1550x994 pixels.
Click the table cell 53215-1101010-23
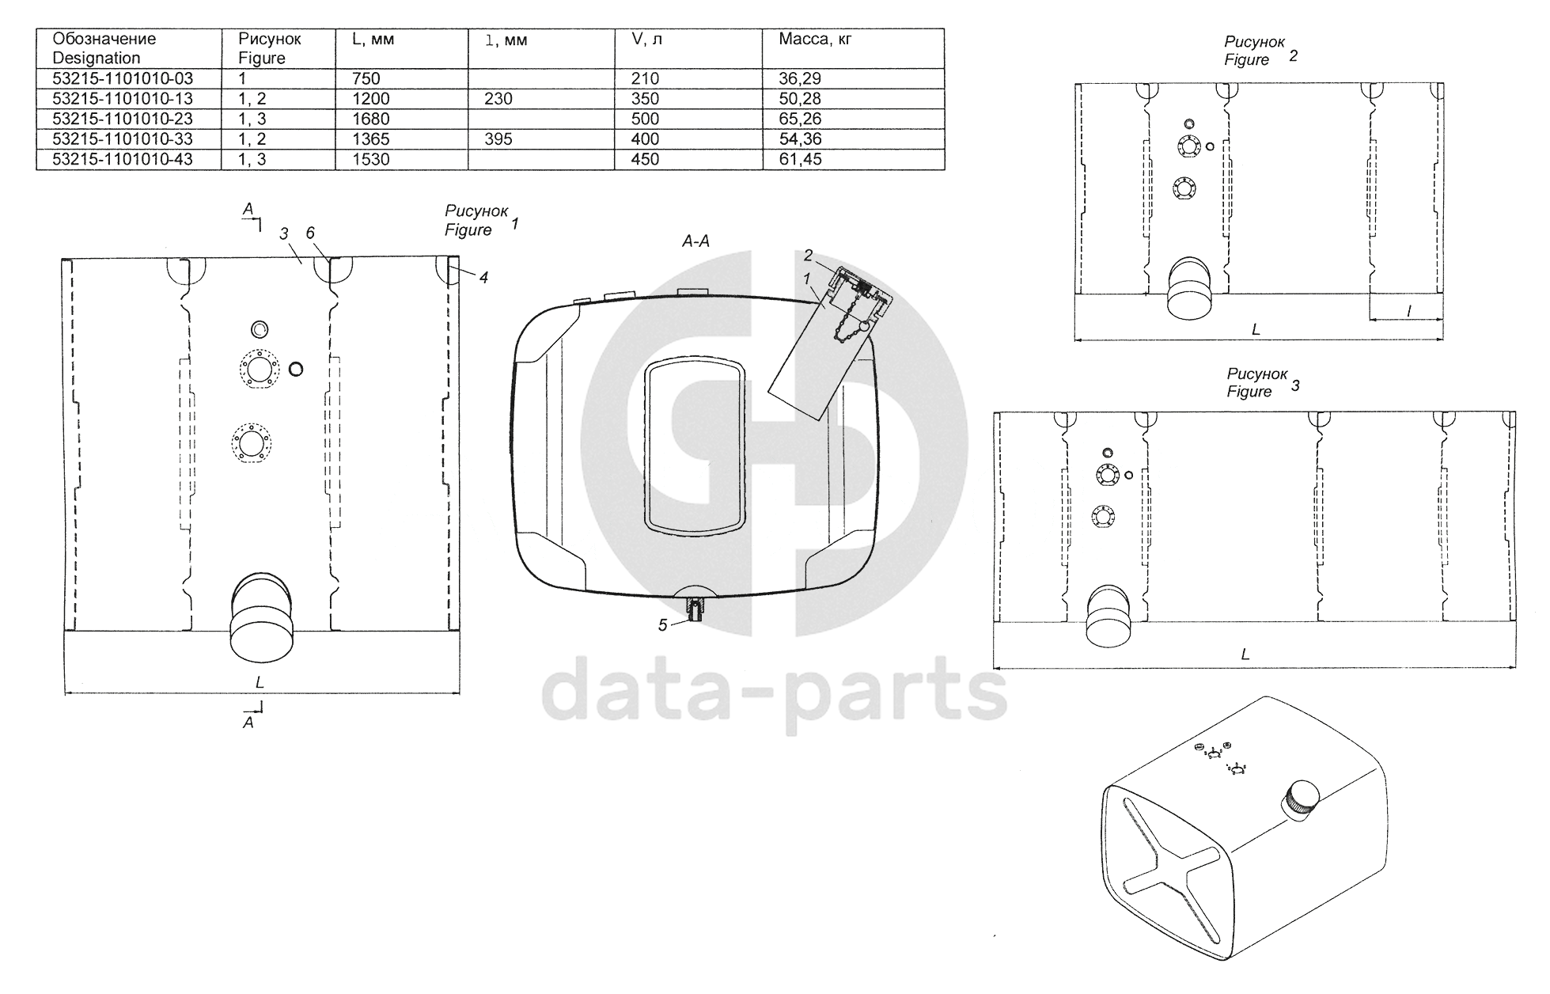(123, 119)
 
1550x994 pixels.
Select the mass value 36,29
(800, 78)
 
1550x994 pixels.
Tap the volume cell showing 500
(645, 119)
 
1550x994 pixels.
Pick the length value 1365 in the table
(371, 139)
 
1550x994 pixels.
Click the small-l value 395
(498, 139)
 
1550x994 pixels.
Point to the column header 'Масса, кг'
(815, 39)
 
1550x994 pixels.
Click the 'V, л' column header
(646, 39)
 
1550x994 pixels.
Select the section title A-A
(695, 241)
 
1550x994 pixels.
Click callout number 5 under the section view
(663, 625)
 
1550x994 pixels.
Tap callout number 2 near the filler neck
(808, 255)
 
